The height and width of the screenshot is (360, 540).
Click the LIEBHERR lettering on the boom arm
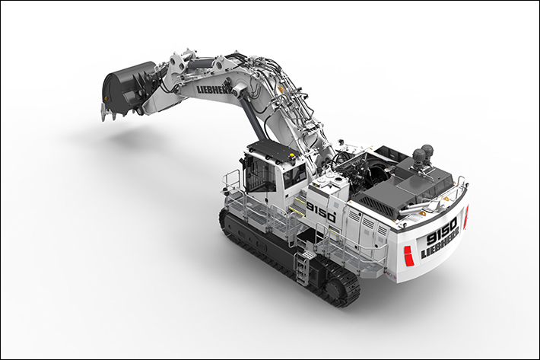point(214,88)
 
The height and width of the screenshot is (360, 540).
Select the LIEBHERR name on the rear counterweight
point(440,244)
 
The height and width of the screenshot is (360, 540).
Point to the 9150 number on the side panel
point(321,212)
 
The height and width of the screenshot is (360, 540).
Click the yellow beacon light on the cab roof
point(293,156)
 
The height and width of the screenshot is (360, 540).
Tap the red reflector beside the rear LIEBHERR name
point(408,256)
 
